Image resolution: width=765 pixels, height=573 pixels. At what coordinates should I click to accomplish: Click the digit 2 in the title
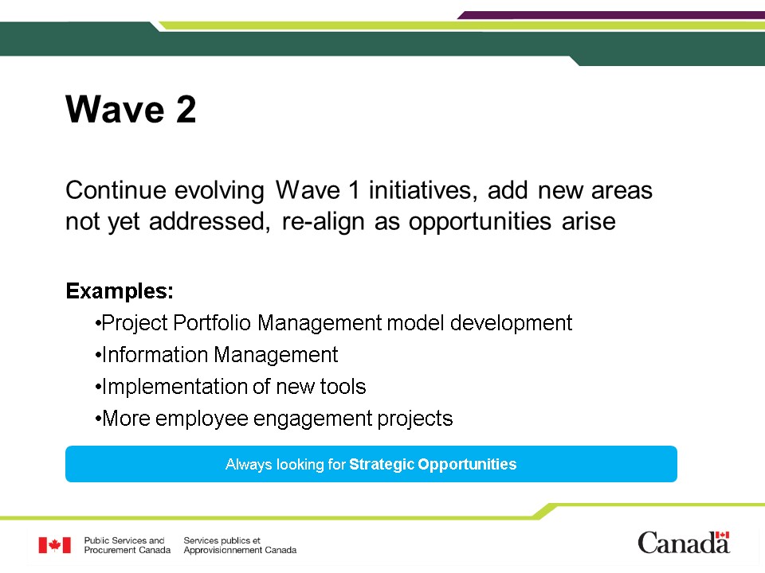coord(186,109)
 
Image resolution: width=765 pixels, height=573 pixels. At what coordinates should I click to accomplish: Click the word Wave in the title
coord(115,109)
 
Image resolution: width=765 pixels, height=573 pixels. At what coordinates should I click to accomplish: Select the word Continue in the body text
coord(116,189)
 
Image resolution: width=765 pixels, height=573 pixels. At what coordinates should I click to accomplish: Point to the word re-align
coord(323,222)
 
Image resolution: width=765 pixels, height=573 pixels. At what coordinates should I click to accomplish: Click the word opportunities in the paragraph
coord(480,222)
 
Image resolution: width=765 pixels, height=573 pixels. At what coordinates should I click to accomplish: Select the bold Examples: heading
coord(120,291)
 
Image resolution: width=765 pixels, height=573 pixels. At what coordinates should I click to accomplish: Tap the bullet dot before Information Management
coord(98,355)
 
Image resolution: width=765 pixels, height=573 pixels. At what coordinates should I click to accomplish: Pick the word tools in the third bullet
coord(343,387)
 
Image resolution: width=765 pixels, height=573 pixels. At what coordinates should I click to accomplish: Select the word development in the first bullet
coord(511,323)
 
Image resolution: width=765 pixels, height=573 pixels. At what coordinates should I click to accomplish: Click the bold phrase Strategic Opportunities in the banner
coord(433,464)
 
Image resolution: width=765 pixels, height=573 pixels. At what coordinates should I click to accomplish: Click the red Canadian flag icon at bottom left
coord(55,545)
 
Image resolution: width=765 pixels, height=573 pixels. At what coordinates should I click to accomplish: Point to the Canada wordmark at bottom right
coord(684,543)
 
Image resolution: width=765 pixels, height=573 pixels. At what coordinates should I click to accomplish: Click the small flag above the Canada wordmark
coord(722,535)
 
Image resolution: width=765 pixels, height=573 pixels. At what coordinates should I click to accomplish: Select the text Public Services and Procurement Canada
coord(127,545)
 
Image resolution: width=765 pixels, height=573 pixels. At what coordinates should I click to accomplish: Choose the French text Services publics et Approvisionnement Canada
coord(240,545)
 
